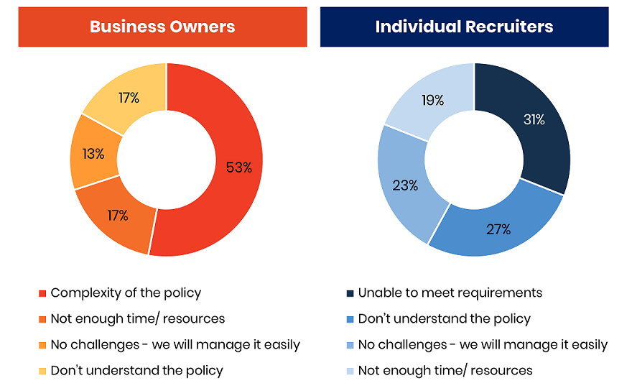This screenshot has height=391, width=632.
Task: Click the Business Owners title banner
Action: (162, 27)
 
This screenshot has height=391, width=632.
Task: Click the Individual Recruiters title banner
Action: (464, 27)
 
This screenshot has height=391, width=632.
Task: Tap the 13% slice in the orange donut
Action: (95, 154)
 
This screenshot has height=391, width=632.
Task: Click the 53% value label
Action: (238, 167)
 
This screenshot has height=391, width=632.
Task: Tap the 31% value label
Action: (534, 120)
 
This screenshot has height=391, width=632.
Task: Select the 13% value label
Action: (93, 154)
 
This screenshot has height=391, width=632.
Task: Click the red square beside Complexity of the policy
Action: (42, 293)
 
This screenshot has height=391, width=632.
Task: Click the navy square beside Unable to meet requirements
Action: (350, 293)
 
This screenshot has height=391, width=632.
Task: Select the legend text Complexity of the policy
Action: (126, 293)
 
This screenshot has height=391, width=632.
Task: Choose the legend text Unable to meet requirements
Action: (450, 293)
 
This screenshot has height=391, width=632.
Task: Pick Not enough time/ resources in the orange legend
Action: (138, 318)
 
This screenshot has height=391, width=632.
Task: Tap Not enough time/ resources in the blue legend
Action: (445, 370)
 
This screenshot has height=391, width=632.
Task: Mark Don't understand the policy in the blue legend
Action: (444, 318)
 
